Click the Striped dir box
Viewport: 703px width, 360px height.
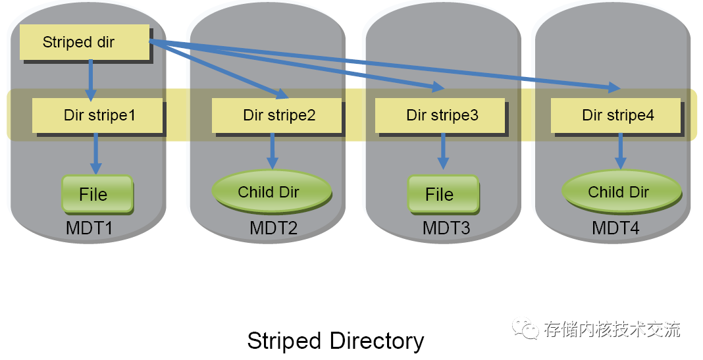click(84, 43)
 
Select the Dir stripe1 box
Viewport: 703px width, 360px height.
click(97, 116)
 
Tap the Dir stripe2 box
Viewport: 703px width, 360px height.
click(277, 116)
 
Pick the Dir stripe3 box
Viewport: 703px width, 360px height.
click(440, 116)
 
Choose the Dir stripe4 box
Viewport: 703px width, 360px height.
click(615, 116)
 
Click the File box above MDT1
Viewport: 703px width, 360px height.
click(97, 194)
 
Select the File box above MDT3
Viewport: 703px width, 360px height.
click(441, 194)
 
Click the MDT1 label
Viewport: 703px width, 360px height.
click(90, 229)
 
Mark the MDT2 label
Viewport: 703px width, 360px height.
click(273, 229)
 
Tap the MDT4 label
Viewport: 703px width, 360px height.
click(615, 229)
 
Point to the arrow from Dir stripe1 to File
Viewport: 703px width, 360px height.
click(97, 153)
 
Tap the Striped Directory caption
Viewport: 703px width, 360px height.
click(336, 341)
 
